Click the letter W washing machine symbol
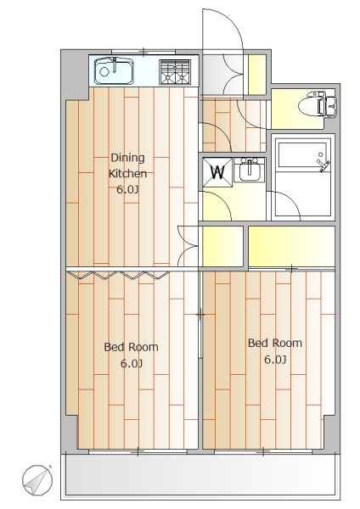[217, 172]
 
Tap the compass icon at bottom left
[37, 481]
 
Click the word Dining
[127, 158]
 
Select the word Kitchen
[127, 173]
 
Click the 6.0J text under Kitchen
[127, 189]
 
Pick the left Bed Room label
[131, 347]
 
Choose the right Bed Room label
[274, 344]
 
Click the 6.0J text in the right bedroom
[274, 360]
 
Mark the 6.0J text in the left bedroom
[131, 363]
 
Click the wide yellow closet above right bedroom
[289, 247]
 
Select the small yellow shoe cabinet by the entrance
[256, 75]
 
